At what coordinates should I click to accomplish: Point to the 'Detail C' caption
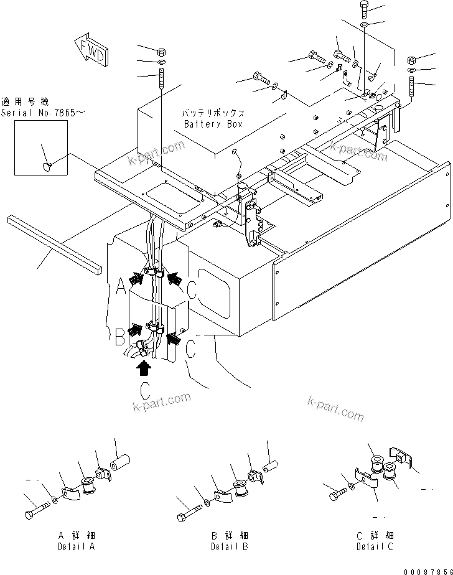click(375, 541)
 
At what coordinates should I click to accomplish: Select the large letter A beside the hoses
click(121, 286)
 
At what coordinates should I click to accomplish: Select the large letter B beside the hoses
click(120, 337)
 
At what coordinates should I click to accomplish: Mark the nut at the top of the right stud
click(411, 60)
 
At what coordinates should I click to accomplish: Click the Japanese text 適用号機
click(24, 101)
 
